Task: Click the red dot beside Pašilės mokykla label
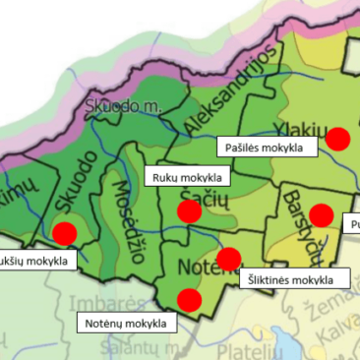click(x=338, y=139)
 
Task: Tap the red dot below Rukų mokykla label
click(x=190, y=210)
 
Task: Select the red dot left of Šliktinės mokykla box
click(x=228, y=260)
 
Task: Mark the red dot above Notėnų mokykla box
click(x=188, y=299)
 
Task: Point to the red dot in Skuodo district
click(x=64, y=233)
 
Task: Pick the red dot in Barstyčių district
click(x=321, y=214)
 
